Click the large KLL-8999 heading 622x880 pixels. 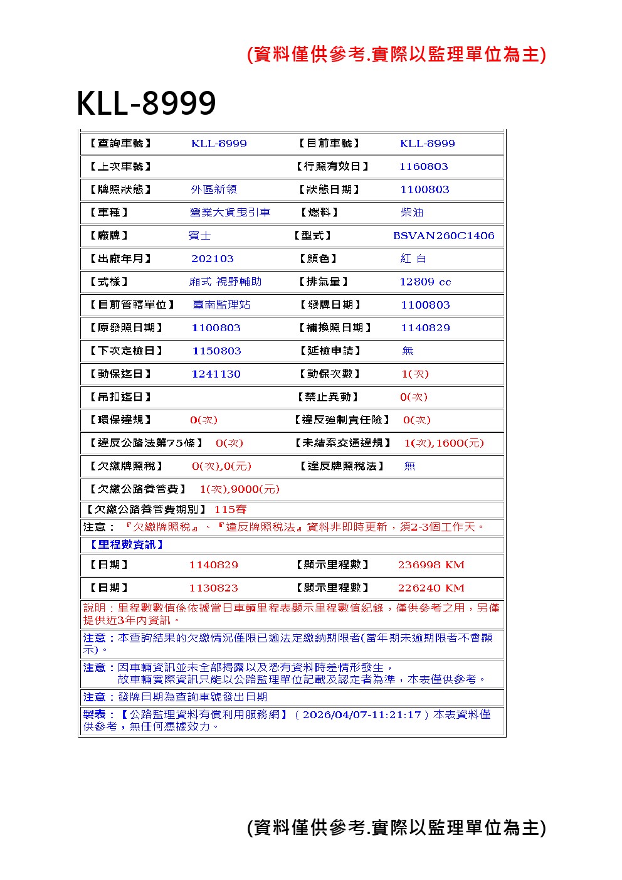(x=146, y=103)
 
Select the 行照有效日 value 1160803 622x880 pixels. (x=423, y=167)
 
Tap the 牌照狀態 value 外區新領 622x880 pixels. (x=213, y=189)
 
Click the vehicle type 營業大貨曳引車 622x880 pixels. (x=230, y=213)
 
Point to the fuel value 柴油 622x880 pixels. (x=412, y=213)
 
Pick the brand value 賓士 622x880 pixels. (x=199, y=236)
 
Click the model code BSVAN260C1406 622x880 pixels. (x=443, y=236)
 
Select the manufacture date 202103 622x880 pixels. (x=212, y=259)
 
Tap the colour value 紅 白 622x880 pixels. (x=413, y=259)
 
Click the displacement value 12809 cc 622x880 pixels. (x=425, y=282)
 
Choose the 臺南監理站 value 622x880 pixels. (x=221, y=305)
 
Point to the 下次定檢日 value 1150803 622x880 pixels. (x=216, y=351)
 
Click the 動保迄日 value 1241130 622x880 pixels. (x=216, y=374)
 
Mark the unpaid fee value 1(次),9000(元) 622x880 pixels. (x=240, y=489)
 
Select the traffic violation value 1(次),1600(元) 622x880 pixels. (x=444, y=443)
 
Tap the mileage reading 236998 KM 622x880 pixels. (x=431, y=565)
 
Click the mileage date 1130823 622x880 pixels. (x=213, y=588)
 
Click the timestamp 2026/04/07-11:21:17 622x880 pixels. (x=362, y=714)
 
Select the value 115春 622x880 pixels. (x=230, y=510)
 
